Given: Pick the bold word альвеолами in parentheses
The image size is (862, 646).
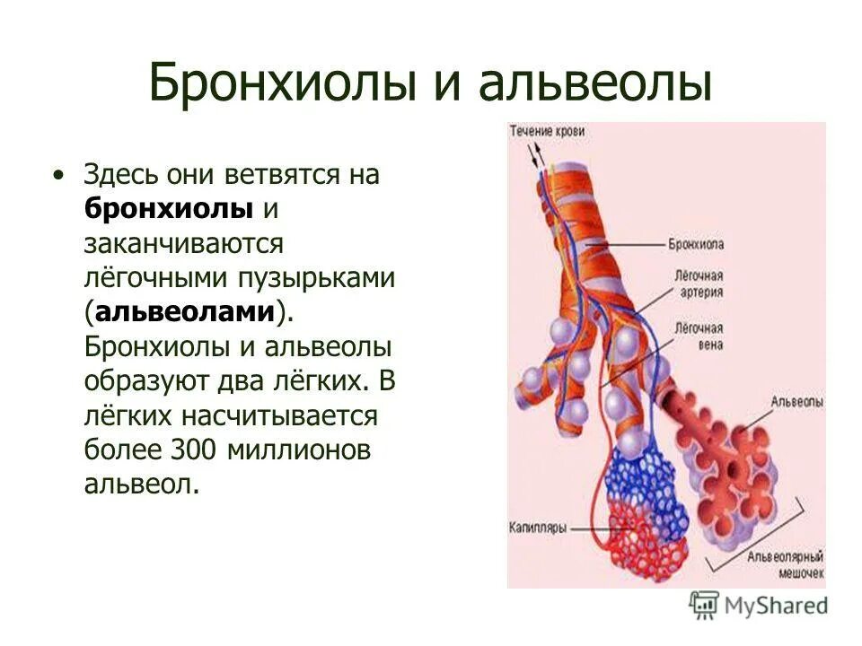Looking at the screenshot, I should (x=197, y=311).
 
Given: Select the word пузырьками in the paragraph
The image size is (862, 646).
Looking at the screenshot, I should (x=322, y=277).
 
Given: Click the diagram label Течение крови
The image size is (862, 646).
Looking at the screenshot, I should (x=548, y=132).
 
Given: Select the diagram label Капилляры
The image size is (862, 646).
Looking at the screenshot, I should (x=538, y=528).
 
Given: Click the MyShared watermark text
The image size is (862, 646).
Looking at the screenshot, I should (x=778, y=606).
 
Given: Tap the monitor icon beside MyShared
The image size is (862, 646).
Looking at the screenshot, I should (x=705, y=606).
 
